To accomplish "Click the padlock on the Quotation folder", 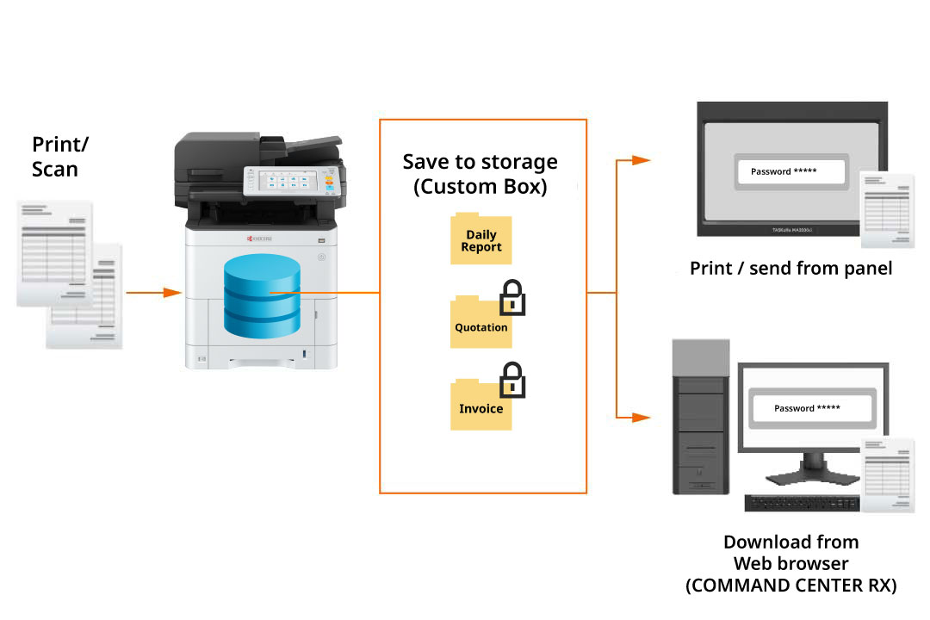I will point(512,299).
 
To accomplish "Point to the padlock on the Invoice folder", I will point(512,381).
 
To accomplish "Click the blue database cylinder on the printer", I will point(262,296).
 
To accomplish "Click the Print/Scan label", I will point(60,157).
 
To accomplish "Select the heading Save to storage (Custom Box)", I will point(480,174).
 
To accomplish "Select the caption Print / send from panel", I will point(790,269).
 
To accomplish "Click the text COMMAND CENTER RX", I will point(790,586).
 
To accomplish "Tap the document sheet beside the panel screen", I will point(887,209).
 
